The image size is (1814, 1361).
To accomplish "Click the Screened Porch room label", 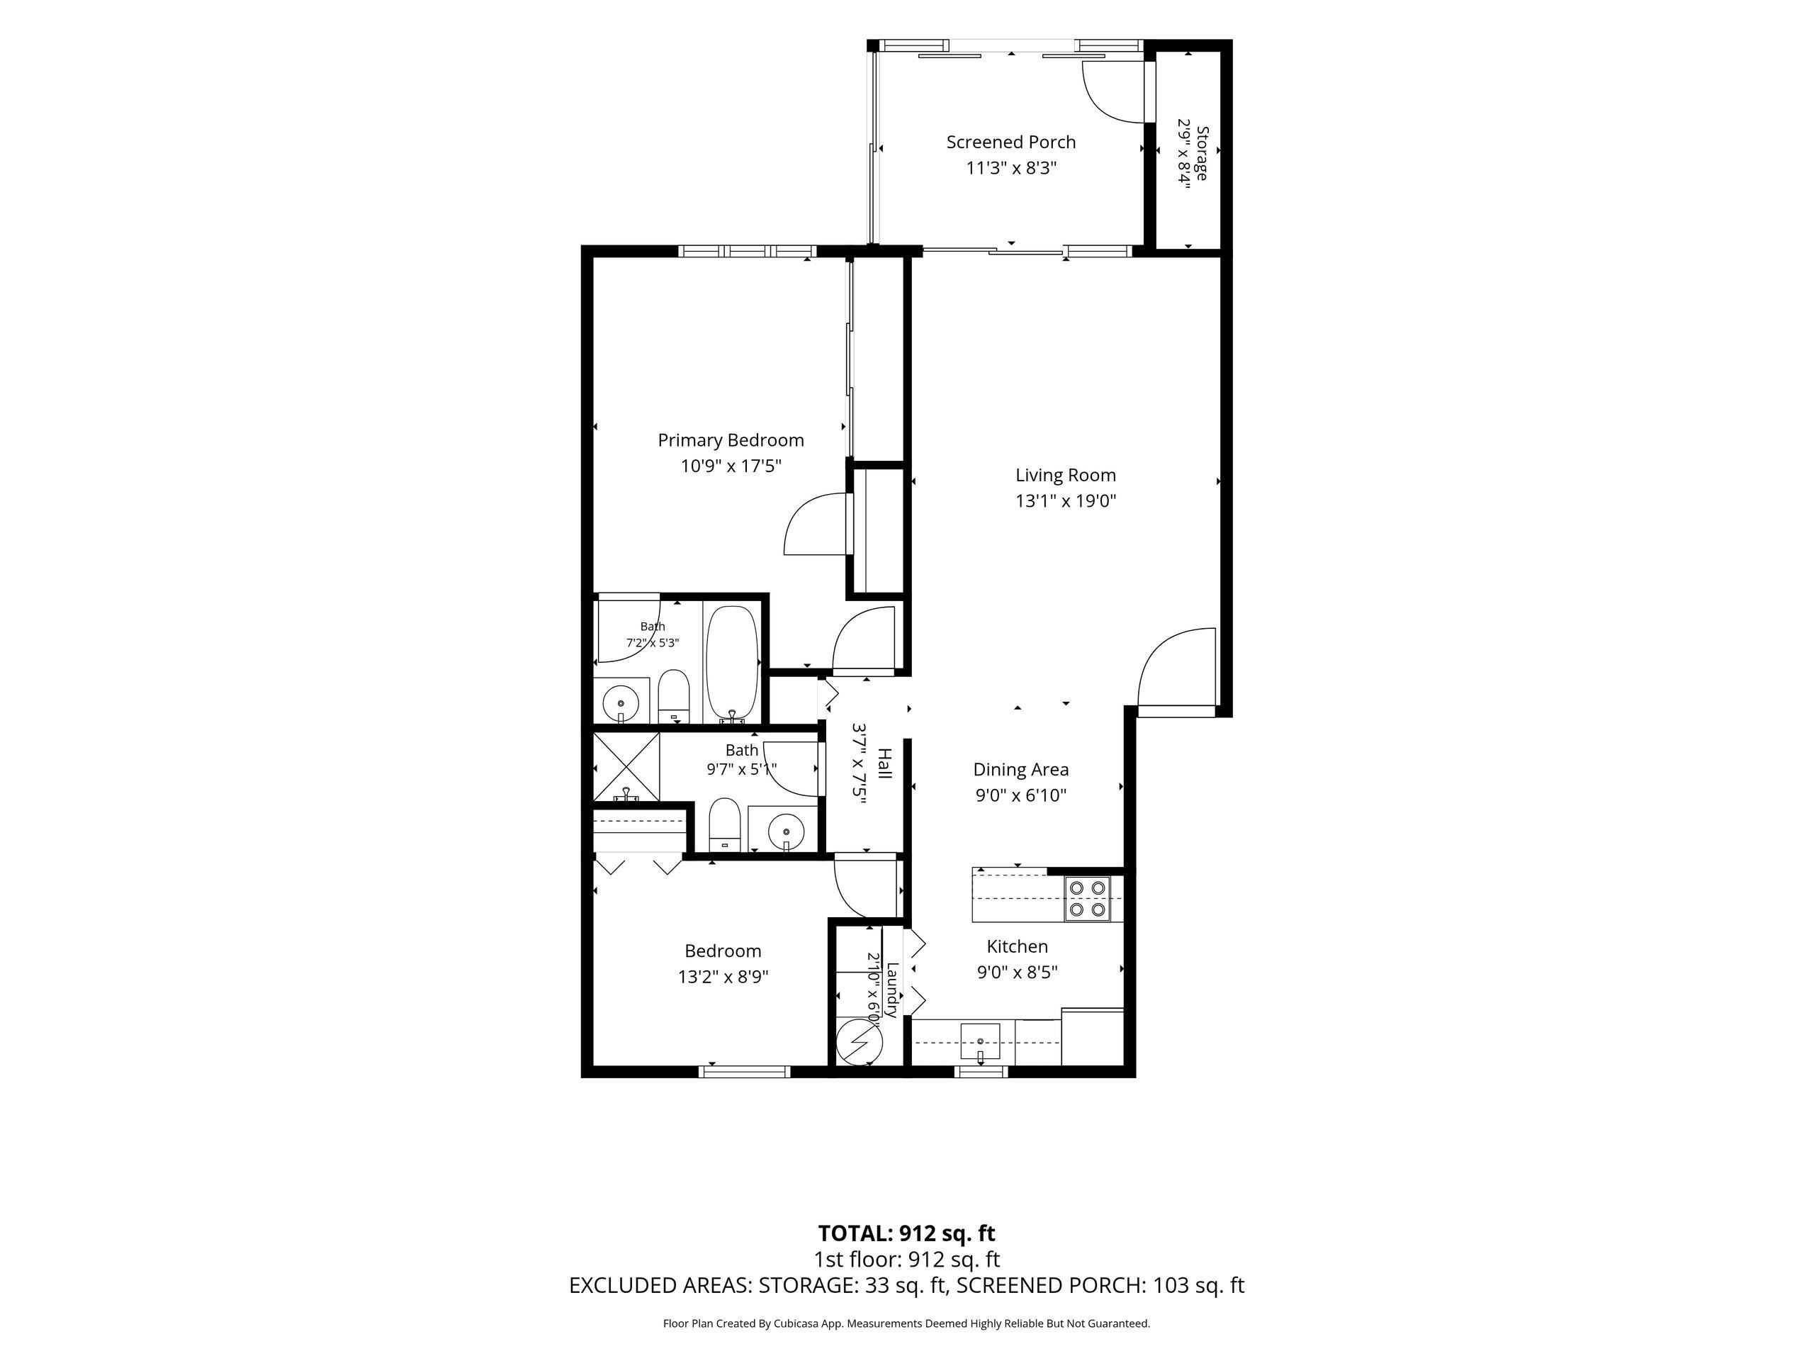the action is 1010,142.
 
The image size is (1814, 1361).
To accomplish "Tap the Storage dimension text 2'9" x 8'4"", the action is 1184,153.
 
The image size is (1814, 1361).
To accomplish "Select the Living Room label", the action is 1065,475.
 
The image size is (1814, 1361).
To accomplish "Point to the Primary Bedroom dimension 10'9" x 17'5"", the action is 731,466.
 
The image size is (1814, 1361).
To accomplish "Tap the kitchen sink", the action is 980,1042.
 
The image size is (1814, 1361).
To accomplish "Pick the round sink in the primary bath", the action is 621,702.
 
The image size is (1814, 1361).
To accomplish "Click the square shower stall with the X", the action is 626,766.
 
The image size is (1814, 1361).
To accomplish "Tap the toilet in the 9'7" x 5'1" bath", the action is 724,825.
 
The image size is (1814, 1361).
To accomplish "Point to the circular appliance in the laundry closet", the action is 859,1042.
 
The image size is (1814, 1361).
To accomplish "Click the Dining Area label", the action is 1021,770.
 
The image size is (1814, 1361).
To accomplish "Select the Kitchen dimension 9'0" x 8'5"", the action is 1017,972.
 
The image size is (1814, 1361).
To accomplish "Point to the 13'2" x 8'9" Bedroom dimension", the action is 723,977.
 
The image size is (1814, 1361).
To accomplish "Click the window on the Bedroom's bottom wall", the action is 745,1070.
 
